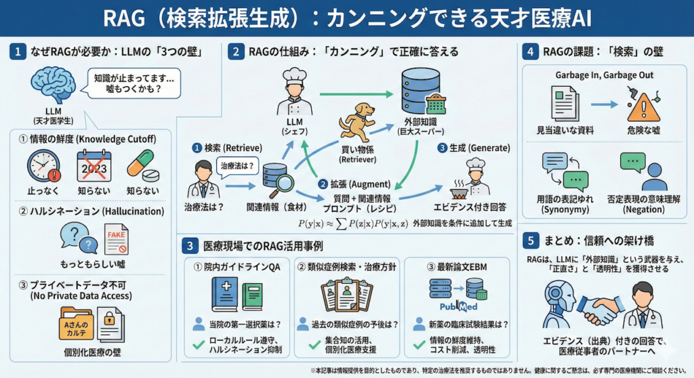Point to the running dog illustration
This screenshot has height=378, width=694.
pyautogui.click(x=357, y=121)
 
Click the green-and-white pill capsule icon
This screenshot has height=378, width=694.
pyautogui.click(x=140, y=164)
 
